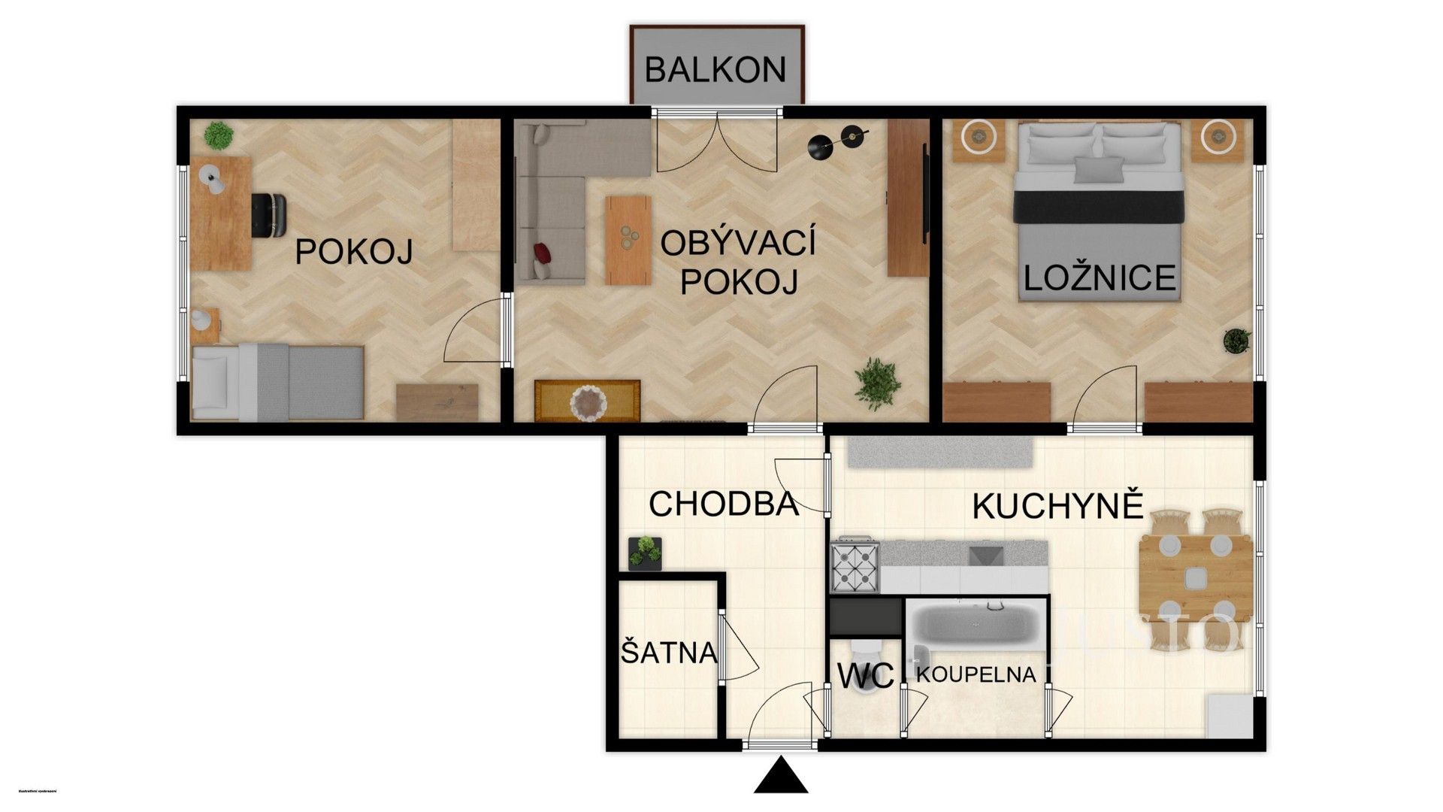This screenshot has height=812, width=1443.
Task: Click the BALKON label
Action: (x=715, y=70)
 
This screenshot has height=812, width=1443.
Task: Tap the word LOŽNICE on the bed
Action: (x=1100, y=278)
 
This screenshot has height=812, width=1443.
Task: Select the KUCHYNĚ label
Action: (x=1057, y=507)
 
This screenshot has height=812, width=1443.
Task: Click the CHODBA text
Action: (x=723, y=504)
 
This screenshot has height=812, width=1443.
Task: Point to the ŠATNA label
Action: (x=669, y=653)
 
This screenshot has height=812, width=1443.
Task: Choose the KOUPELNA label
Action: (x=976, y=674)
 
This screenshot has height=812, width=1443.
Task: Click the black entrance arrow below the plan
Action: (x=781, y=777)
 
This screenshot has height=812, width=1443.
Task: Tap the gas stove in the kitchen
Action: (x=855, y=564)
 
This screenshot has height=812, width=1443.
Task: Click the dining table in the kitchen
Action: (x=1196, y=576)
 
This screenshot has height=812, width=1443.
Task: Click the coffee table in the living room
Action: (x=628, y=240)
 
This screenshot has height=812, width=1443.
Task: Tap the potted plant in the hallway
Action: (x=645, y=553)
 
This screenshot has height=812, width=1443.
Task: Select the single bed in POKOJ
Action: (x=278, y=382)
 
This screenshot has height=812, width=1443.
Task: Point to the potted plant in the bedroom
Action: (x=1236, y=341)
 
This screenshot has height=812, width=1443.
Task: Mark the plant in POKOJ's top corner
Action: (x=219, y=135)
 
